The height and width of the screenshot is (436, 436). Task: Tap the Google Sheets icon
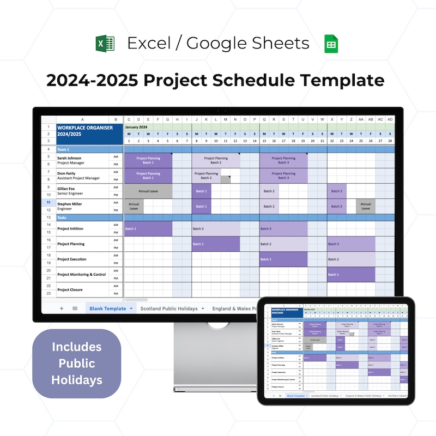(x=331, y=44)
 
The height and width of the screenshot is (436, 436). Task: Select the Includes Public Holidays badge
(x=76, y=363)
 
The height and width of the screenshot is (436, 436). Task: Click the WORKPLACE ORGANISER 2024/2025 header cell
(x=84, y=131)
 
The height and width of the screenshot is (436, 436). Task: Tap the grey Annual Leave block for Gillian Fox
(x=147, y=191)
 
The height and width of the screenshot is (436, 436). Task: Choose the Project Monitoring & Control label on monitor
(x=81, y=275)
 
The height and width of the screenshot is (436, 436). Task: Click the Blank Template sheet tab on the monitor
(x=108, y=308)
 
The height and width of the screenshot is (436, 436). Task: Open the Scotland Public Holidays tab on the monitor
(x=169, y=308)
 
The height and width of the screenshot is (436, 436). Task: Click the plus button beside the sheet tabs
(x=62, y=308)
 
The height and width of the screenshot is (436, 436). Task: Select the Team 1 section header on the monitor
(x=64, y=149)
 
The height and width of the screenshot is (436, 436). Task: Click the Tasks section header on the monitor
(x=62, y=217)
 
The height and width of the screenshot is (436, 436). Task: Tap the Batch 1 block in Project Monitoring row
(x=350, y=275)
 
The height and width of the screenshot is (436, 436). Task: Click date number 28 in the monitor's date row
(x=389, y=141)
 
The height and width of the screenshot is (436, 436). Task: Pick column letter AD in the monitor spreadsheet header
(x=389, y=119)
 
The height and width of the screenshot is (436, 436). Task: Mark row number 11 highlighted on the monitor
(x=49, y=202)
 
